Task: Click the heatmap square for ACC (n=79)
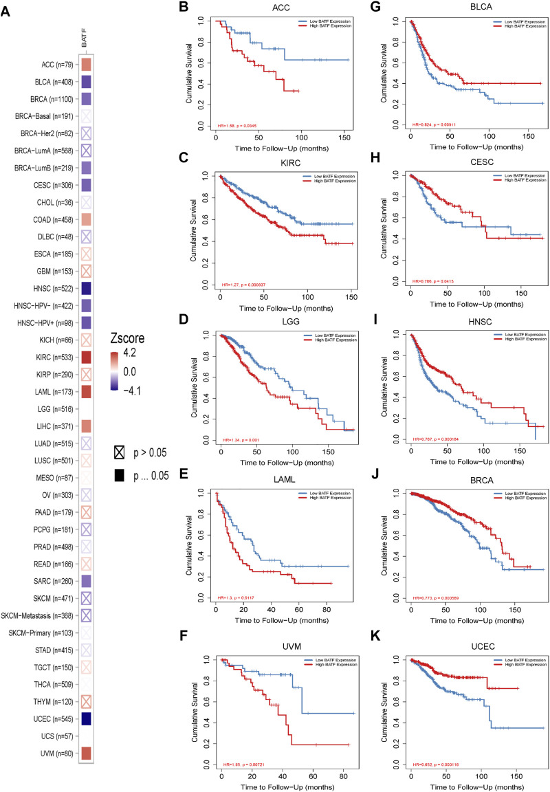pyautogui.click(x=86, y=65)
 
